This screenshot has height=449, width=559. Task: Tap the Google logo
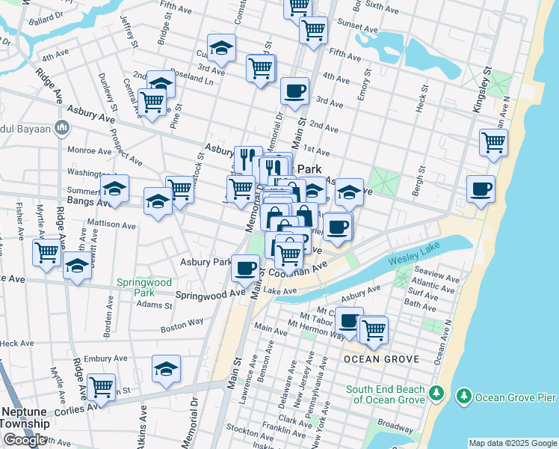click(x=25, y=440)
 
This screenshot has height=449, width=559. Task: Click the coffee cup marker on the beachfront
click(x=480, y=188)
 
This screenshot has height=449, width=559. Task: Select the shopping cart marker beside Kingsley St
click(x=493, y=142)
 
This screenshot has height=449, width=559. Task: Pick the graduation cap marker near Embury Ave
click(x=166, y=367)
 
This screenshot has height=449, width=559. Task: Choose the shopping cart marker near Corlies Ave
click(x=101, y=387)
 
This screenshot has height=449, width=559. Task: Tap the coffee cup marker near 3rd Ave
click(x=294, y=91)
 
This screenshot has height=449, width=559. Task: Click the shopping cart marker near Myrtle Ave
click(x=47, y=252)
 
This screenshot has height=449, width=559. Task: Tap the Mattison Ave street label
click(x=111, y=223)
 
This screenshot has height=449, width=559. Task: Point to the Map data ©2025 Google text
click(x=513, y=443)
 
